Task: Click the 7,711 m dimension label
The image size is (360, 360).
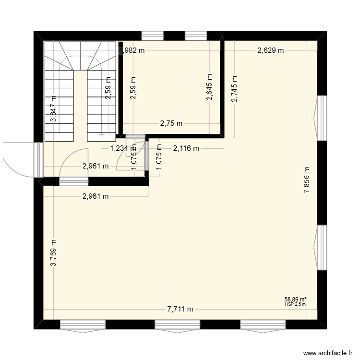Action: [x=180, y=309]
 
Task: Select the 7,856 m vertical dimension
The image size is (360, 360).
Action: [x=307, y=180]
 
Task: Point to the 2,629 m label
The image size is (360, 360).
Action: [x=270, y=49]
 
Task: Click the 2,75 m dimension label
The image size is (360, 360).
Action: [x=170, y=123]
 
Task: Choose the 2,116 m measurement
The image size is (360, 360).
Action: [x=186, y=148]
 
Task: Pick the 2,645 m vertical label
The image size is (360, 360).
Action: [x=209, y=87]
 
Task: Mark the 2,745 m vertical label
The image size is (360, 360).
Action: [x=234, y=90]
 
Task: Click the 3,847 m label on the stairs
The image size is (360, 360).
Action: [x=54, y=109]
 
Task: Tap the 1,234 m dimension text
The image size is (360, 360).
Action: [x=123, y=148]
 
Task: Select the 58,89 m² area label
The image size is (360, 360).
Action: [x=295, y=299]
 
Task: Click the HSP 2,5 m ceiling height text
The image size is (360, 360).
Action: [x=295, y=304]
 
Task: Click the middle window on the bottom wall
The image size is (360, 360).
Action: [x=171, y=324]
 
